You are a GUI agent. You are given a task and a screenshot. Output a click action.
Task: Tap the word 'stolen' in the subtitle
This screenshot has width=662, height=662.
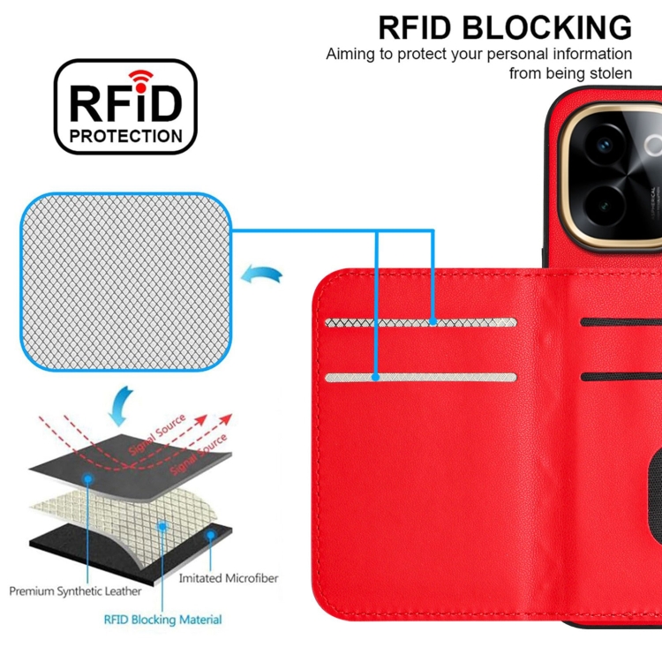(609, 73)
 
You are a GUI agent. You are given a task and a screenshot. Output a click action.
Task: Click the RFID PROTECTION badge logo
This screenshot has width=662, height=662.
(125, 107)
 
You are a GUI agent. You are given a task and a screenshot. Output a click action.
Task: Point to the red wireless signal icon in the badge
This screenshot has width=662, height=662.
(139, 77)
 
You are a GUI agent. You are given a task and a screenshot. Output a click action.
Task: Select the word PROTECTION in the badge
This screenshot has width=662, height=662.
(126, 136)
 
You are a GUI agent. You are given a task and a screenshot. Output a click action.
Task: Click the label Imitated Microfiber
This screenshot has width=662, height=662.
(229, 578)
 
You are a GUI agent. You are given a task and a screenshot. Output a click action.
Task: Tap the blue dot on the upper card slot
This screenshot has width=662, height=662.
(433, 322)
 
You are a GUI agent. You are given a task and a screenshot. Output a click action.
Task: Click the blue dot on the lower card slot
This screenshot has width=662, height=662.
(376, 377)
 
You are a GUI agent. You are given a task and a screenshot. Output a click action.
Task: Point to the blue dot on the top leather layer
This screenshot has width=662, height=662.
(89, 478)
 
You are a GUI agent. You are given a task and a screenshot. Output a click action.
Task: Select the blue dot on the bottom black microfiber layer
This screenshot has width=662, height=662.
(210, 534)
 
